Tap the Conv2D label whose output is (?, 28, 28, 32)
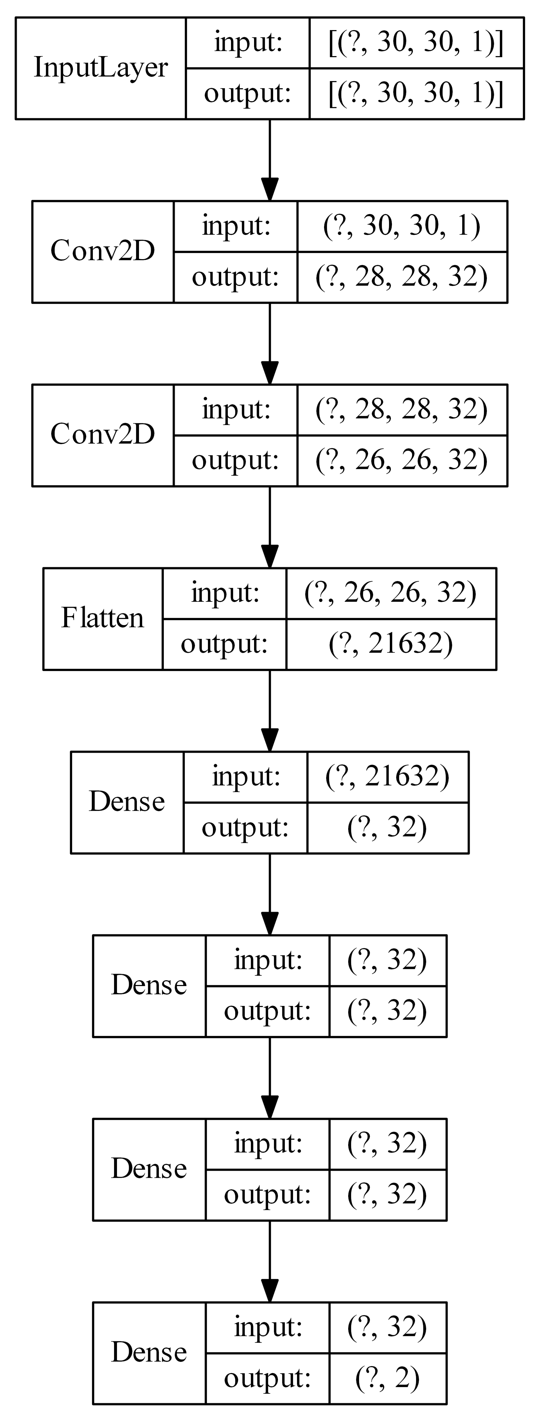pos(102,251)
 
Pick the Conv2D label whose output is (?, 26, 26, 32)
pos(102,434)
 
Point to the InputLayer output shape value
pos(416,93)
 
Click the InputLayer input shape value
pos(416,42)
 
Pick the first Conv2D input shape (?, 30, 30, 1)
pos(401,226)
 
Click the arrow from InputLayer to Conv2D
pos(269,160)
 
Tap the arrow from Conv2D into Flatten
pos(269,527)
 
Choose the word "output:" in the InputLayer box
pos(247,93)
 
